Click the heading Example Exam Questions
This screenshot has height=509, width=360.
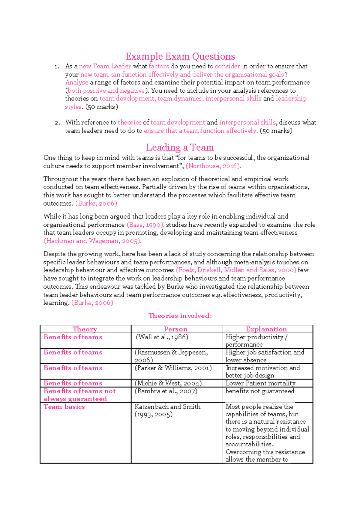click(x=180, y=56)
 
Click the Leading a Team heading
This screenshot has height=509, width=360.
click(x=180, y=147)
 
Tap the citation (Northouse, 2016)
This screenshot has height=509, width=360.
click(x=213, y=166)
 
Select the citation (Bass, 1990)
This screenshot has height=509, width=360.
click(x=145, y=225)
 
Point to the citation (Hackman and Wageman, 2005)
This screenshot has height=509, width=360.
click(x=92, y=241)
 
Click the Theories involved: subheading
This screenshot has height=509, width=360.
click(x=180, y=316)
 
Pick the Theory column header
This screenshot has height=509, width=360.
click(x=85, y=329)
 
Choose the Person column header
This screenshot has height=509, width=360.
click(x=175, y=329)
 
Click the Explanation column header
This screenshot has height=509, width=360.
click(x=266, y=329)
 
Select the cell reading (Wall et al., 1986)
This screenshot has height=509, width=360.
click(x=162, y=337)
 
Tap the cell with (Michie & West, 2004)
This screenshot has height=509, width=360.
click(x=168, y=383)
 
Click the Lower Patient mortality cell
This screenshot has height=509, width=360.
click(x=260, y=383)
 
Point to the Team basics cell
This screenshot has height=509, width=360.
click(x=64, y=407)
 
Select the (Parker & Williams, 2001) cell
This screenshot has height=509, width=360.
click(x=173, y=368)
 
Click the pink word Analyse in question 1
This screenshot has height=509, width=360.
click(x=77, y=82)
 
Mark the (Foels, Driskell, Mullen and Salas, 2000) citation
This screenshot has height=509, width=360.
click(x=236, y=270)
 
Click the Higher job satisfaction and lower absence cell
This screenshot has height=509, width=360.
click(x=265, y=356)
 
